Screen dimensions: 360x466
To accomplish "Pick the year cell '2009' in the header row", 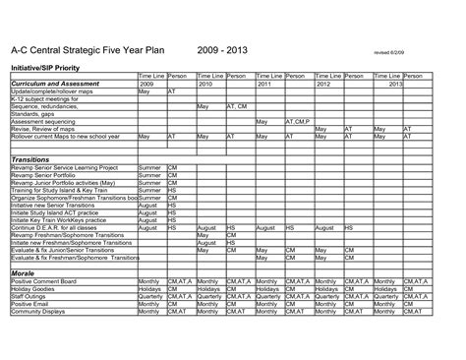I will pos(146,84).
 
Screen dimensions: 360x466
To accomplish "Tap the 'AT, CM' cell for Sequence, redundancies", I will pos(238,106).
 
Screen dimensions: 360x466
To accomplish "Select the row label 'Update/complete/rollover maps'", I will pos(49,91).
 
